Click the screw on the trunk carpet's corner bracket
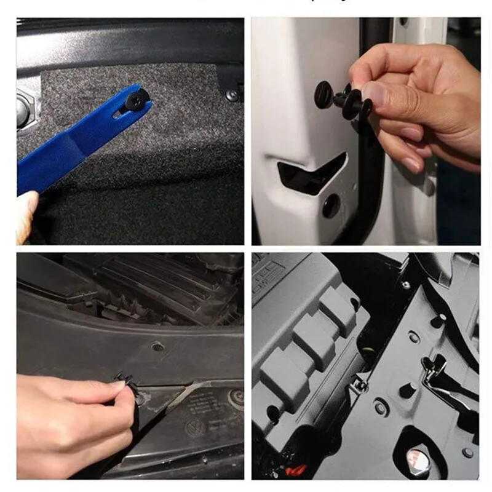pos(231,95)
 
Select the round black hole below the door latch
pos(331,206)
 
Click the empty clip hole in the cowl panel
pos(159,347)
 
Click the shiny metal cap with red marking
pos(418,458)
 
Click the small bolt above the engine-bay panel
pos(406,285)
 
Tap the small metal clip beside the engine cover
pos(361,386)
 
